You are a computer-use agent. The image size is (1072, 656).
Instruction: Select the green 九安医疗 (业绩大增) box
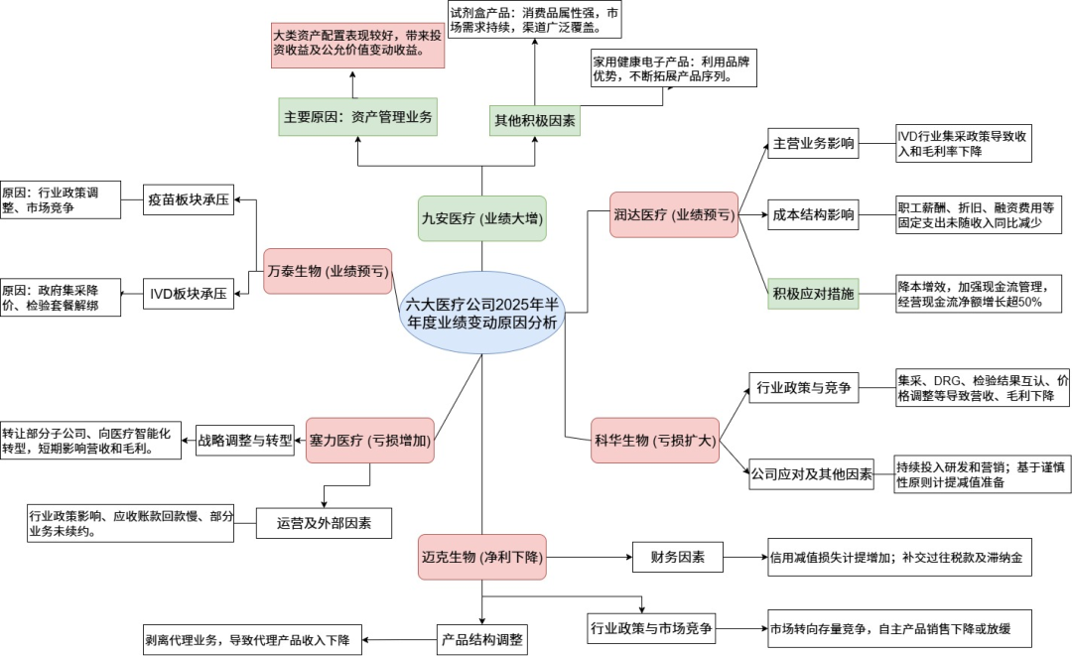point(482,217)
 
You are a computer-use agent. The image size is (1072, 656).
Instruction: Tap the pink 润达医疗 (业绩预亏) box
point(674,214)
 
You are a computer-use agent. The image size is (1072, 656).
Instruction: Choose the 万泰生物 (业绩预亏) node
point(328,271)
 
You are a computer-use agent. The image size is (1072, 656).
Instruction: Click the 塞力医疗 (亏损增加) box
point(370,441)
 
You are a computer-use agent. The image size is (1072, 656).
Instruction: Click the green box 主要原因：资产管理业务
point(358,117)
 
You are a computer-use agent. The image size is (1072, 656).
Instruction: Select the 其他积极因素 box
point(535,121)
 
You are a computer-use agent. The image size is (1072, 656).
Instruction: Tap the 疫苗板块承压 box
point(189,199)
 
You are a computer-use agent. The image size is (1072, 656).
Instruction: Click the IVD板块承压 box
point(188,294)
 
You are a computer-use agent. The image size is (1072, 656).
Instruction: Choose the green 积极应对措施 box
point(814,294)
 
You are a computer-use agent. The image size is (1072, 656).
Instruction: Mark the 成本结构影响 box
point(814,214)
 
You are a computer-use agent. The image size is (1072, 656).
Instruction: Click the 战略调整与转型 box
point(245,440)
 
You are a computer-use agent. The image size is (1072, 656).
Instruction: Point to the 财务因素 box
point(678,557)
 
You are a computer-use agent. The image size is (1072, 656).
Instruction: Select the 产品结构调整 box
point(482,638)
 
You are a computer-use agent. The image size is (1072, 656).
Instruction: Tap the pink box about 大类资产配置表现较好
point(356,42)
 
